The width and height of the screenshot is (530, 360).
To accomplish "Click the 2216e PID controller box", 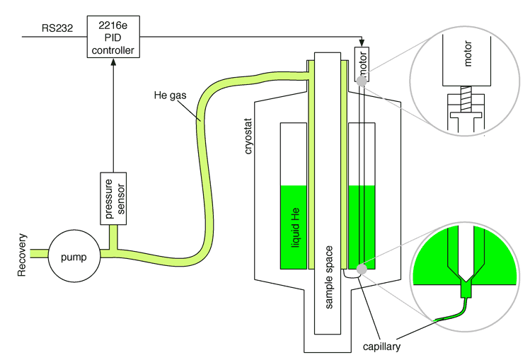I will pos(113,37).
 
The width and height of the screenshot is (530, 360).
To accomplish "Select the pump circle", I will pos(74,257).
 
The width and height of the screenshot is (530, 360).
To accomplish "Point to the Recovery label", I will pos(22,252).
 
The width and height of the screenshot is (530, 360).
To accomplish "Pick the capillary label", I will pos(381,347).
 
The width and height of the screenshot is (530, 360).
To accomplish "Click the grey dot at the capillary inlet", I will pos(361,269).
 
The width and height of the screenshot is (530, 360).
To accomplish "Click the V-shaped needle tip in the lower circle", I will pos(465,276).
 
